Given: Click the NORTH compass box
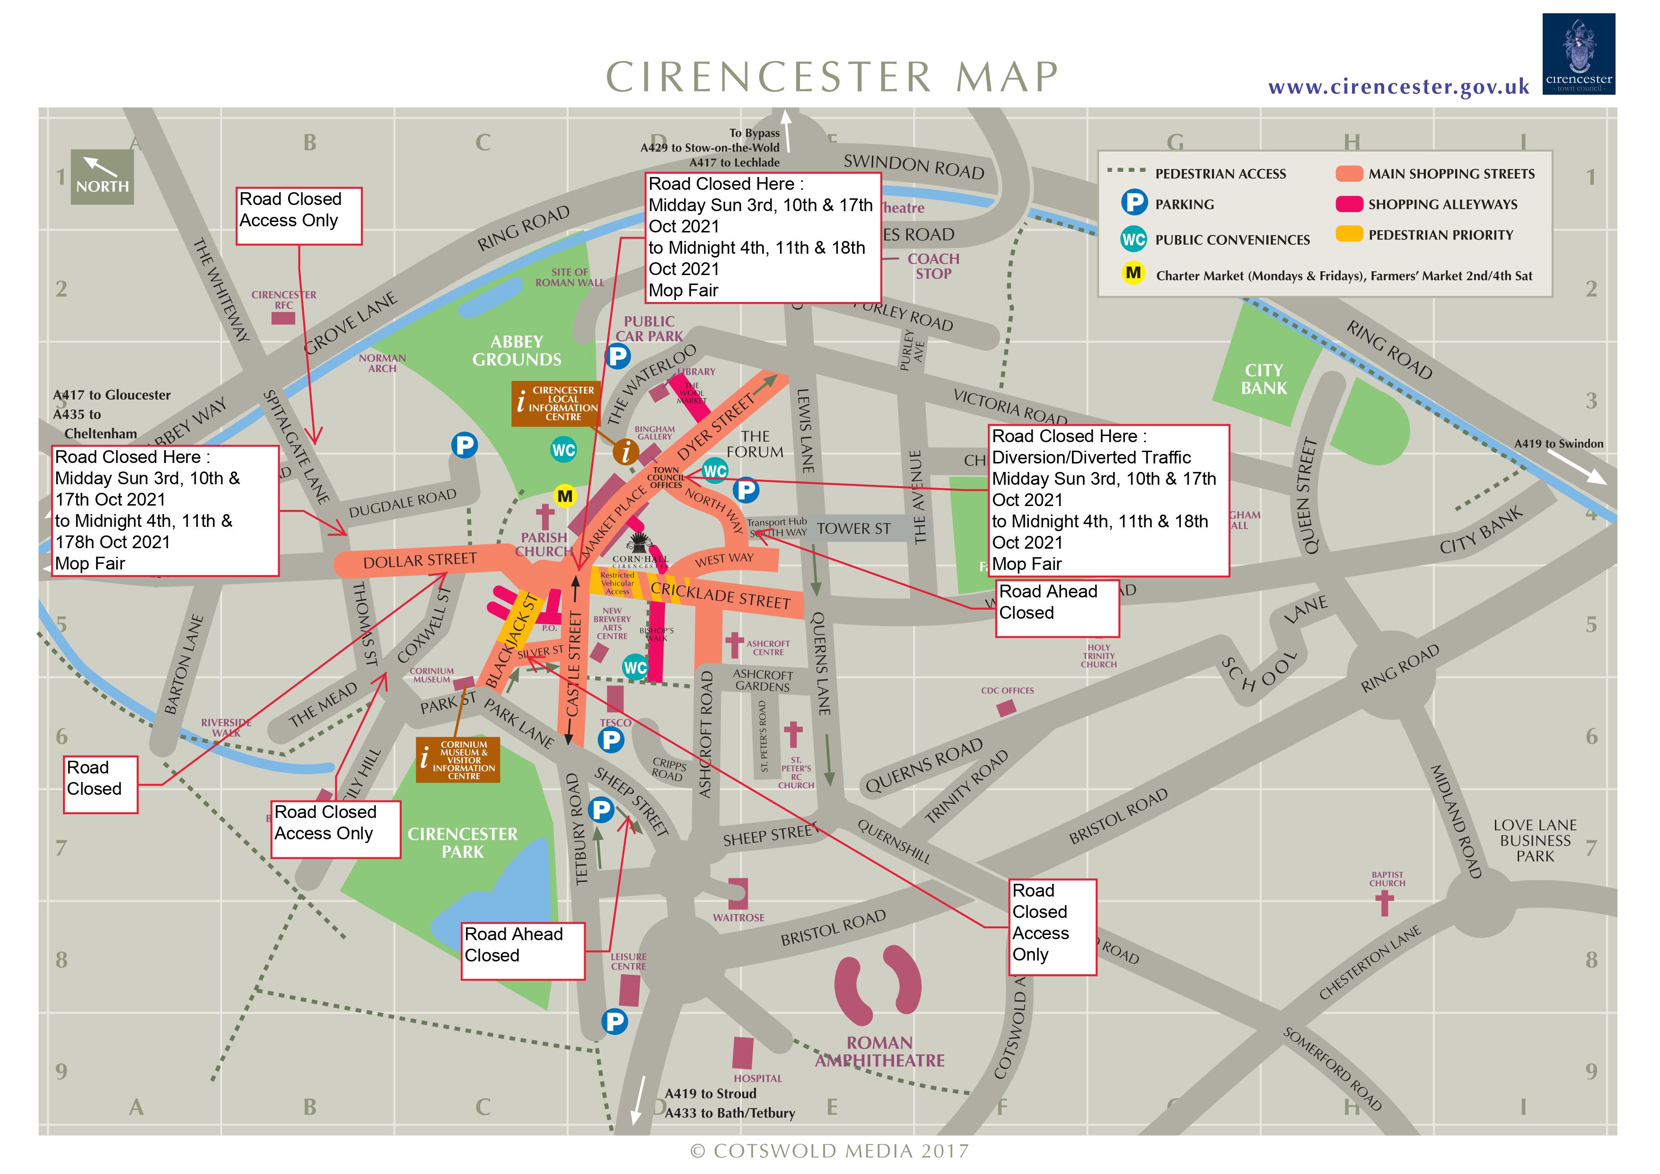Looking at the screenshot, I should (x=102, y=177).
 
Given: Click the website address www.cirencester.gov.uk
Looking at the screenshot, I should (x=1398, y=88).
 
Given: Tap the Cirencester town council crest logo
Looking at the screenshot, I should (x=1578, y=54).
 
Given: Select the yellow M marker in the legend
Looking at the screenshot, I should (x=1133, y=274).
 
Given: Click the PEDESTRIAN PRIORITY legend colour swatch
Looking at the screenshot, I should (x=1349, y=234).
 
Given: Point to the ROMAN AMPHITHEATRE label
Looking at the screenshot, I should (x=879, y=1051).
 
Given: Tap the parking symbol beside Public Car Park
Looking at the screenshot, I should (x=617, y=356).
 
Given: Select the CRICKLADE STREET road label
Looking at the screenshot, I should (x=720, y=596).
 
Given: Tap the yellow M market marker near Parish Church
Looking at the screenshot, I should (x=565, y=496).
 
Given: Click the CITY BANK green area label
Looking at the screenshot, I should (x=1264, y=379).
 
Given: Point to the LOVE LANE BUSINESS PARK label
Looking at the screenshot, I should (x=1534, y=841).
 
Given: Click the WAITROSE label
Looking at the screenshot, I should (x=738, y=917).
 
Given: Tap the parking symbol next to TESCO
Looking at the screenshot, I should (x=611, y=740).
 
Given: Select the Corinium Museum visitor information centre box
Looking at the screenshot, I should (x=457, y=759).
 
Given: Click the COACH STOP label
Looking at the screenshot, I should (x=933, y=266).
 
